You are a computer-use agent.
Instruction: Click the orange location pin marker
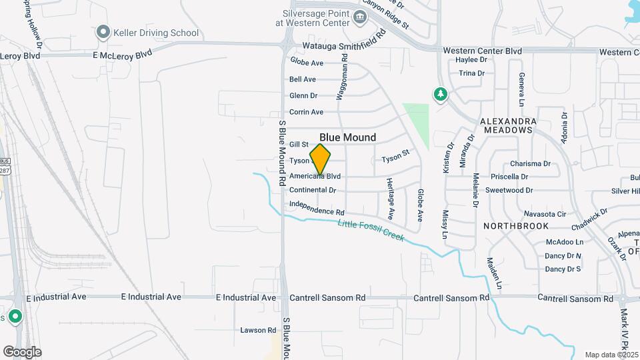point(321,159)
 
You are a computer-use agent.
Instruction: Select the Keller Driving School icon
point(103,32)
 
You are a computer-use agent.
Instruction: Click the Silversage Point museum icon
point(360,17)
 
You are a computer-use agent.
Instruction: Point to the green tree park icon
point(439,95)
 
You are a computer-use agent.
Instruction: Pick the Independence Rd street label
point(317,207)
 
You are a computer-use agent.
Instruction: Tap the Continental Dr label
point(313,190)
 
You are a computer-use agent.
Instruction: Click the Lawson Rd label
point(258,330)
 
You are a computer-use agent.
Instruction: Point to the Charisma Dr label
point(530,163)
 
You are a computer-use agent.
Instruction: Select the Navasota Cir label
point(545,214)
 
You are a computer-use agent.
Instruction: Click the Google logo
point(22,352)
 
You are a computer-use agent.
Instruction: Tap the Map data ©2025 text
point(611,355)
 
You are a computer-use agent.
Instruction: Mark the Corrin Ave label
point(306,112)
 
